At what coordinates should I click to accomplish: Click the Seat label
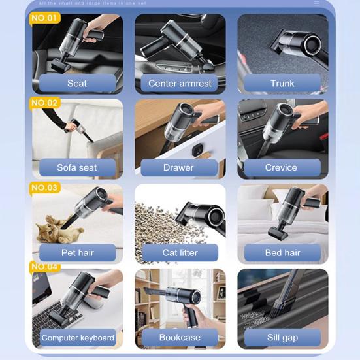tap(77, 84)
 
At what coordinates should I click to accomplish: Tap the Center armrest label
tap(180, 84)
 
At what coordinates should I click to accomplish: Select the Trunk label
tap(282, 84)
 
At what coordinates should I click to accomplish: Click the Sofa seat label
tap(77, 168)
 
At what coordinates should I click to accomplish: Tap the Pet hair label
tap(77, 253)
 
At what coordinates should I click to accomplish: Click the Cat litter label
tap(180, 253)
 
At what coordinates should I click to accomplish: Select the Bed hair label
tap(282, 253)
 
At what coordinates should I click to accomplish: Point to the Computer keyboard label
tap(77, 338)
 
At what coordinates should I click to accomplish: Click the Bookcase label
tap(180, 338)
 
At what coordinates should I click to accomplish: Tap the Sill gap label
tap(282, 338)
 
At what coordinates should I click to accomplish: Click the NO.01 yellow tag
tap(44, 18)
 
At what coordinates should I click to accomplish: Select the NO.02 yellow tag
tap(44, 103)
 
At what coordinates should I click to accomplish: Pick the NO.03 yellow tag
tap(44, 188)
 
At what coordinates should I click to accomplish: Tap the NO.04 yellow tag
tap(44, 267)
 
